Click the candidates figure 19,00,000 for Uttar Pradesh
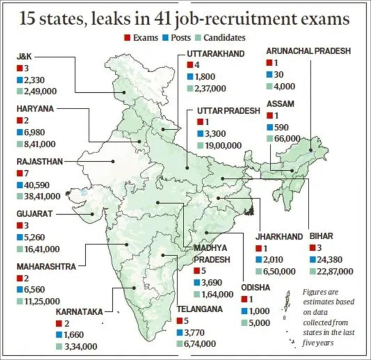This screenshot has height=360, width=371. (x=223, y=145)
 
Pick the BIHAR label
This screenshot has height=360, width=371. (x=321, y=236)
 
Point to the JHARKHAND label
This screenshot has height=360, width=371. (x=279, y=237)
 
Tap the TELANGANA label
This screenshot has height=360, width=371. (x=200, y=309)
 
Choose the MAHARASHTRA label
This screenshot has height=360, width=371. (x=46, y=267)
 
